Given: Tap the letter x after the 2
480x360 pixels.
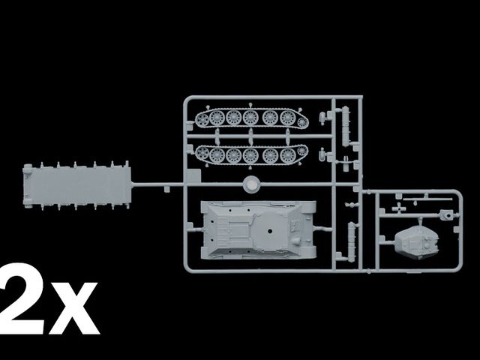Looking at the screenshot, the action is coord(74,308).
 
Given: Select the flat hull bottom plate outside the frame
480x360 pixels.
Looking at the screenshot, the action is coord(77,185).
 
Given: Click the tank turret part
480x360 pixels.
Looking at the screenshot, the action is coord(417,243).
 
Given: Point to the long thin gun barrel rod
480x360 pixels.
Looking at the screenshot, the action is coord(427,199).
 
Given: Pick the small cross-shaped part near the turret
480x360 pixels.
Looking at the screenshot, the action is coord(399,208).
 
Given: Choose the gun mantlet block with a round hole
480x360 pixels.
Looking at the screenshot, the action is coord(447,214).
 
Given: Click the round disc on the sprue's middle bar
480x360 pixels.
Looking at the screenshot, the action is coord(252,184).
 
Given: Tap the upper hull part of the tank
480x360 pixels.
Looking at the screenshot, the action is coord(259,229).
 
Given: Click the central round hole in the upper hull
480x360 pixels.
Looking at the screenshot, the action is coord(270,231).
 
